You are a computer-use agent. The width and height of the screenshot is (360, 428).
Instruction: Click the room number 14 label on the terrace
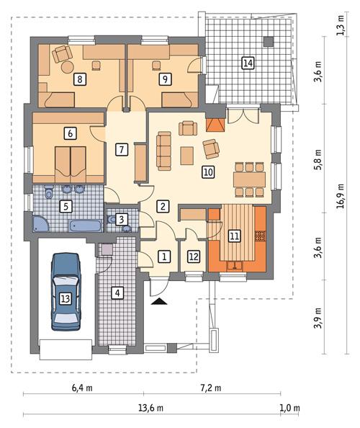click(x=248, y=63)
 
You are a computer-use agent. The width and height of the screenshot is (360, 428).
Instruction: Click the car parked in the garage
click(x=66, y=293)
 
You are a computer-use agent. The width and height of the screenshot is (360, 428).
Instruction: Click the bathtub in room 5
click(x=86, y=226)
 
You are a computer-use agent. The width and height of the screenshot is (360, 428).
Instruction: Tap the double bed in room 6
click(x=70, y=160)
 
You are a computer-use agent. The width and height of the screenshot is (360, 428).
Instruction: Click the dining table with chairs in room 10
click(x=250, y=179)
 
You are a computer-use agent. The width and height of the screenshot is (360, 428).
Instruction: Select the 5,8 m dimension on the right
click(x=319, y=164)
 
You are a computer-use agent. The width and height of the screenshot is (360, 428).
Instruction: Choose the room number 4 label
click(x=117, y=293)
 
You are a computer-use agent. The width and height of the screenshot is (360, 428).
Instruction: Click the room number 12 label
click(x=193, y=256)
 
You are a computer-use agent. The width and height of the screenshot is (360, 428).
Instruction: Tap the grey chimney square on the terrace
click(x=269, y=40)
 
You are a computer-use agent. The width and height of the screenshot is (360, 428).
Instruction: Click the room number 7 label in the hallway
click(x=121, y=150)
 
